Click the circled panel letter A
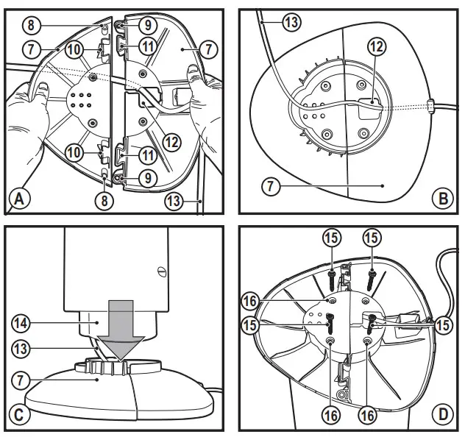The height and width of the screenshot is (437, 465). [20, 198]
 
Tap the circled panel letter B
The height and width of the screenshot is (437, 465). [441, 198]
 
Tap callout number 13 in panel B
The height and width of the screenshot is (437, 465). [291, 23]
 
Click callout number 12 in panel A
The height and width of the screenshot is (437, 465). [170, 141]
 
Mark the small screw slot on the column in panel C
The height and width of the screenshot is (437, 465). [158, 270]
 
